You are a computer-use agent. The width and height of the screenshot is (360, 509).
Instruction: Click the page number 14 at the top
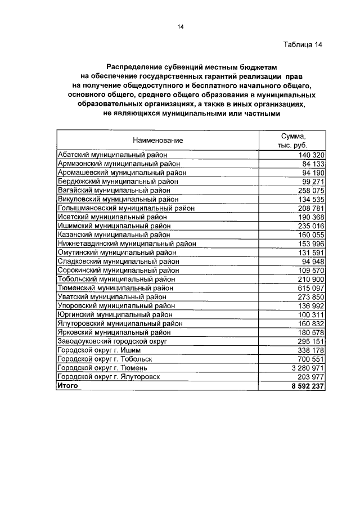pyautogui.click(x=181, y=27)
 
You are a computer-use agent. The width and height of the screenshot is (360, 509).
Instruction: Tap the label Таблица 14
pyautogui.click(x=303, y=45)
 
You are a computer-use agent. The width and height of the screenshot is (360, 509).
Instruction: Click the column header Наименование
pyautogui.click(x=158, y=140)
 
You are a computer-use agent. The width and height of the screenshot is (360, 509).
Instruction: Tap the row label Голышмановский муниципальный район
pyautogui.click(x=126, y=208)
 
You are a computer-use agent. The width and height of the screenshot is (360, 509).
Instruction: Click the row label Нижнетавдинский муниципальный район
pyautogui.click(x=127, y=244)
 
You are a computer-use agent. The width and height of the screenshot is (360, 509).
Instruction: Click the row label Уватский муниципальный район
pyautogui.click(x=112, y=297)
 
